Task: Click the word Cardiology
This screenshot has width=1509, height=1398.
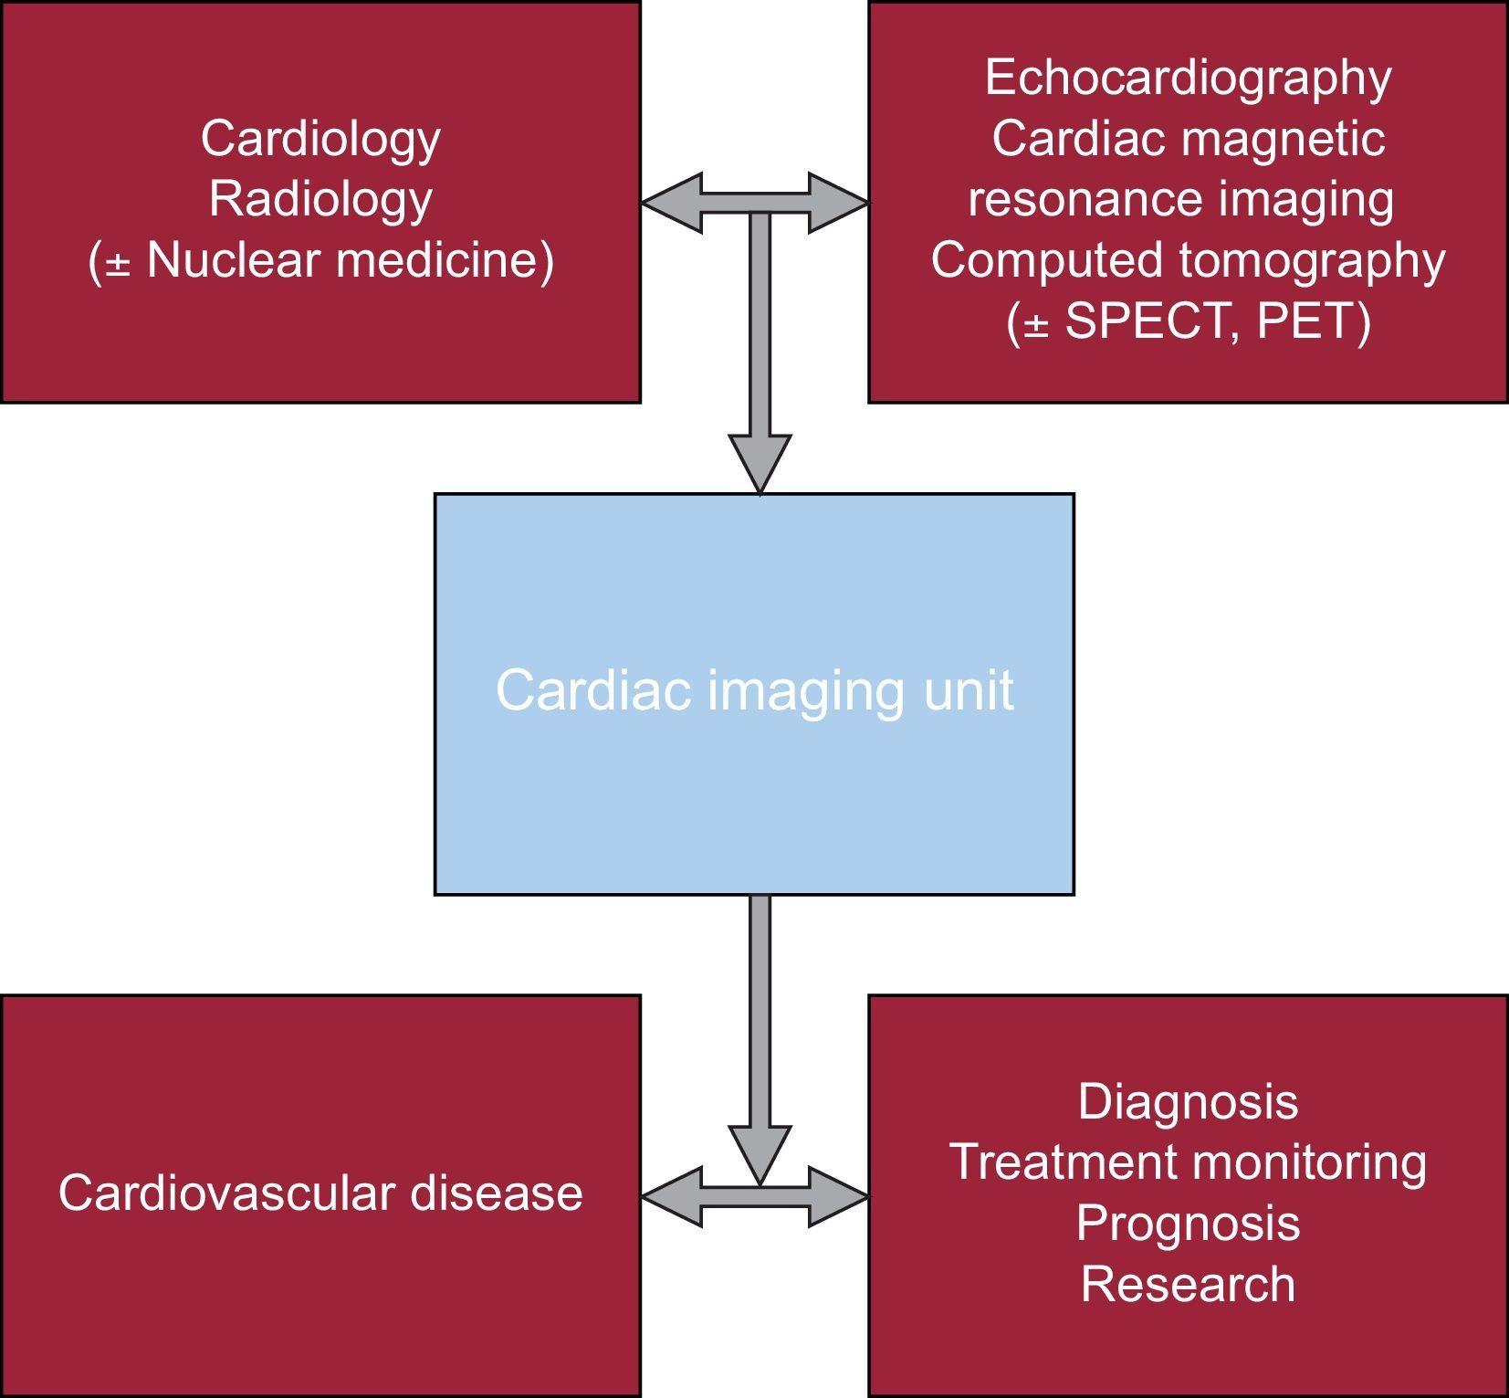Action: pyautogui.click(x=320, y=139)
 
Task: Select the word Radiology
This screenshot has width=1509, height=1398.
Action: pyautogui.click(x=320, y=199)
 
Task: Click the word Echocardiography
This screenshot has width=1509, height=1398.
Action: pyautogui.click(x=1188, y=78)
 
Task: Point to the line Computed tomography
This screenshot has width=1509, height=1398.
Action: pyautogui.click(x=1188, y=259)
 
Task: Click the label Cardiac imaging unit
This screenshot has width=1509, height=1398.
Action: pyautogui.click(x=754, y=690)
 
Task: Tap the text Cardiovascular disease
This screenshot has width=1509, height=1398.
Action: pyautogui.click(x=320, y=1193)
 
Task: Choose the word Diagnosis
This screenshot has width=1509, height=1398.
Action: pyautogui.click(x=1188, y=1101)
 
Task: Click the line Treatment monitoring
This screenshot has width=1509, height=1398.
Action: pyautogui.click(x=1188, y=1161)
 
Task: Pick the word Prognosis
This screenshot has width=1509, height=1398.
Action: pyautogui.click(x=1188, y=1223)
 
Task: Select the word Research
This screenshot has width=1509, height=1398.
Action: pyautogui.click(x=1188, y=1284)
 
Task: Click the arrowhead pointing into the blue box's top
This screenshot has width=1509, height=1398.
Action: pyautogui.click(x=760, y=463)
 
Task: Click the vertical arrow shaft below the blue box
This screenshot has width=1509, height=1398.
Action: pyautogui.click(x=760, y=1004)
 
